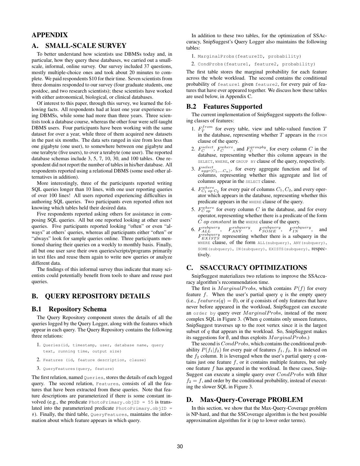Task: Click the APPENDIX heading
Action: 50,35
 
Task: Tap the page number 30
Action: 180,447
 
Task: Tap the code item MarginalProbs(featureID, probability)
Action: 249,56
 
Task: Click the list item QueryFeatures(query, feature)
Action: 78,369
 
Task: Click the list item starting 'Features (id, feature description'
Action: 94,360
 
